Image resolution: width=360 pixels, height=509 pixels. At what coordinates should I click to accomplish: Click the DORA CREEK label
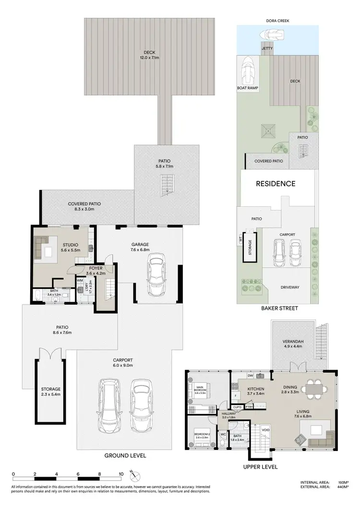tap(277, 21)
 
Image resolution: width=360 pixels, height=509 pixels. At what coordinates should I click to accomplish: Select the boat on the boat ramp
tap(248, 70)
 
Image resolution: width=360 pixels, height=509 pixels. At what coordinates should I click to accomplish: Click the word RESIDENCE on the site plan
tap(275, 183)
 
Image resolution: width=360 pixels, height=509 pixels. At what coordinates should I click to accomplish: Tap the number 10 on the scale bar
tap(121, 474)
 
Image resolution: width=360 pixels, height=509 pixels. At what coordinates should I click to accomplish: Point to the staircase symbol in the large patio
tap(167, 184)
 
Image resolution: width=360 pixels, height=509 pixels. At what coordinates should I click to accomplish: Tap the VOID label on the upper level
tap(265, 430)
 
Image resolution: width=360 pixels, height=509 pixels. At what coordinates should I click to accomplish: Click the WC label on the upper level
tap(223, 435)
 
